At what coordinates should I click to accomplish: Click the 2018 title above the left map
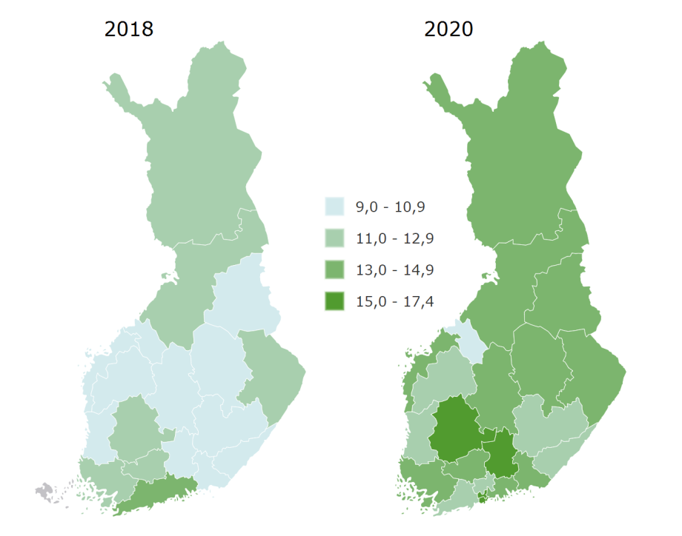click(x=129, y=29)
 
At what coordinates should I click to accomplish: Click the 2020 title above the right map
click(x=448, y=29)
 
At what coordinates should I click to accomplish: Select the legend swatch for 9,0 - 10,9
click(x=334, y=207)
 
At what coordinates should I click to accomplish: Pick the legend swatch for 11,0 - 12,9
click(x=334, y=238)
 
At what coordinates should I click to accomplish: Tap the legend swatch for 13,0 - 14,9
click(x=334, y=269)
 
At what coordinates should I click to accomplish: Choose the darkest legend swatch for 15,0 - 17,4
click(x=334, y=301)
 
